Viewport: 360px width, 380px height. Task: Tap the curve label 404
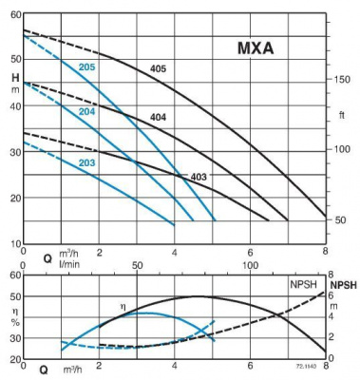[159, 117]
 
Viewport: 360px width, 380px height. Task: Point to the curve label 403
[199, 177]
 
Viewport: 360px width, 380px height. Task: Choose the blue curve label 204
[86, 111]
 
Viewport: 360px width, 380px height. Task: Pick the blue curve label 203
[86, 163]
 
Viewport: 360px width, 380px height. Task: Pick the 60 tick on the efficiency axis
[14, 275]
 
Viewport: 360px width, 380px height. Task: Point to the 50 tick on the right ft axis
[339, 220]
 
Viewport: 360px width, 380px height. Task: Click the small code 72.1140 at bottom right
[307, 365]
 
